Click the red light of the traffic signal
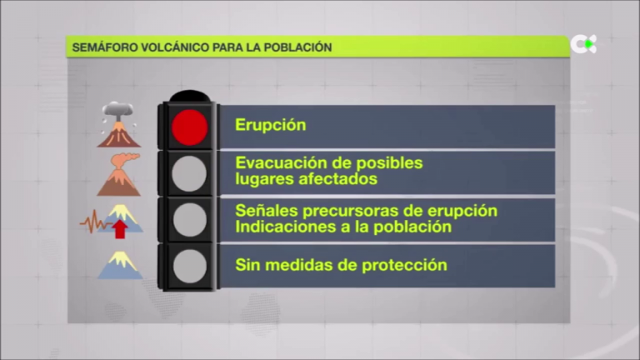[x=189, y=127]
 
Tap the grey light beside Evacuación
[x=189, y=173]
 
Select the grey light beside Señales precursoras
[x=189, y=219]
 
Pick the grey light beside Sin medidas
[x=189, y=265]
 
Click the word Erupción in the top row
[x=271, y=126]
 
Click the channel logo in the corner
[x=583, y=44]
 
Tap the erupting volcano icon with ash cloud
[x=119, y=125]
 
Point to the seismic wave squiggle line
[x=92, y=222]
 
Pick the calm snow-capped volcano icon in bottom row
[x=120, y=266]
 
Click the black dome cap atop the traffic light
[x=189, y=95]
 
